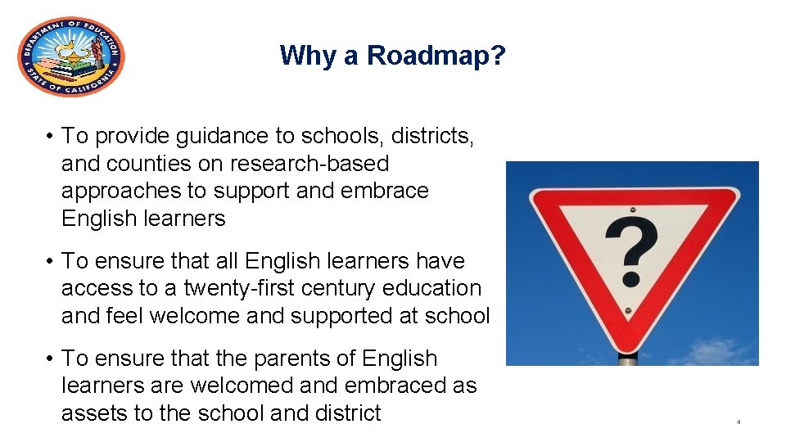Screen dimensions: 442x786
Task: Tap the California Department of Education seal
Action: (x=71, y=56)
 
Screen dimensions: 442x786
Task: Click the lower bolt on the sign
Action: (x=628, y=312)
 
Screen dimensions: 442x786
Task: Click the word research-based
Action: (x=309, y=164)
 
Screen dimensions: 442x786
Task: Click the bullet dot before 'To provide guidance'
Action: (x=51, y=136)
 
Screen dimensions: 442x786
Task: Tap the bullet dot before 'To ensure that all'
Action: (x=51, y=261)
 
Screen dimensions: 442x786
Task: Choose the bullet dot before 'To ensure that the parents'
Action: (x=51, y=359)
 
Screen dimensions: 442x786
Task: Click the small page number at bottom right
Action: (x=738, y=422)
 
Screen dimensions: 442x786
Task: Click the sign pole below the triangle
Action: (x=628, y=358)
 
